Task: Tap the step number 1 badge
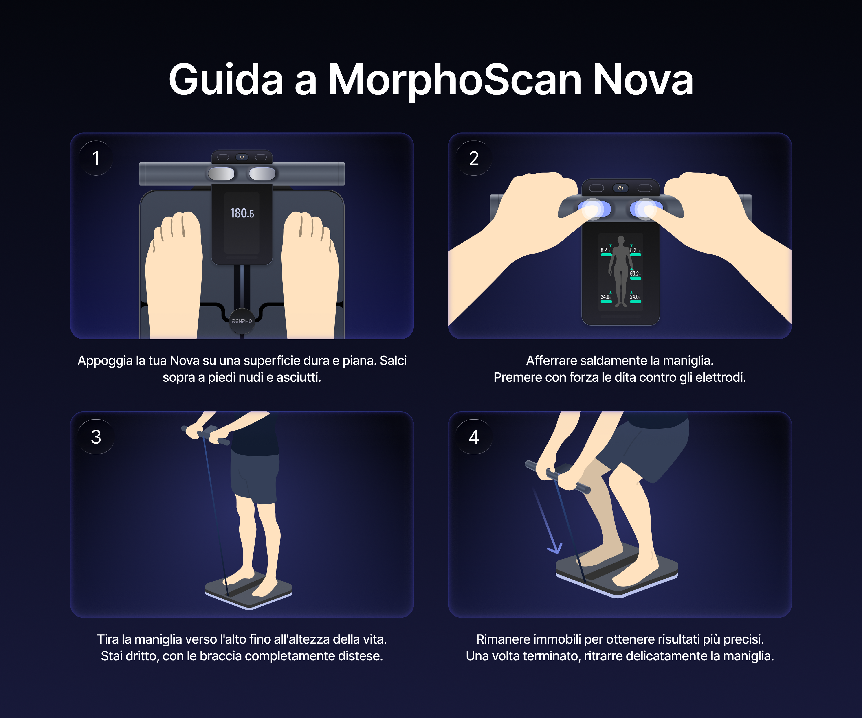(x=96, y=158)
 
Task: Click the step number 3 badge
(x=96, y=437)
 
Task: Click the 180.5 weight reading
(x=242, y=213)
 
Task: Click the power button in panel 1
(x=242, y=157)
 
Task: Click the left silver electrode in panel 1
(x=221, y=173)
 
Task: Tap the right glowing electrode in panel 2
(x=646, y=209)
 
